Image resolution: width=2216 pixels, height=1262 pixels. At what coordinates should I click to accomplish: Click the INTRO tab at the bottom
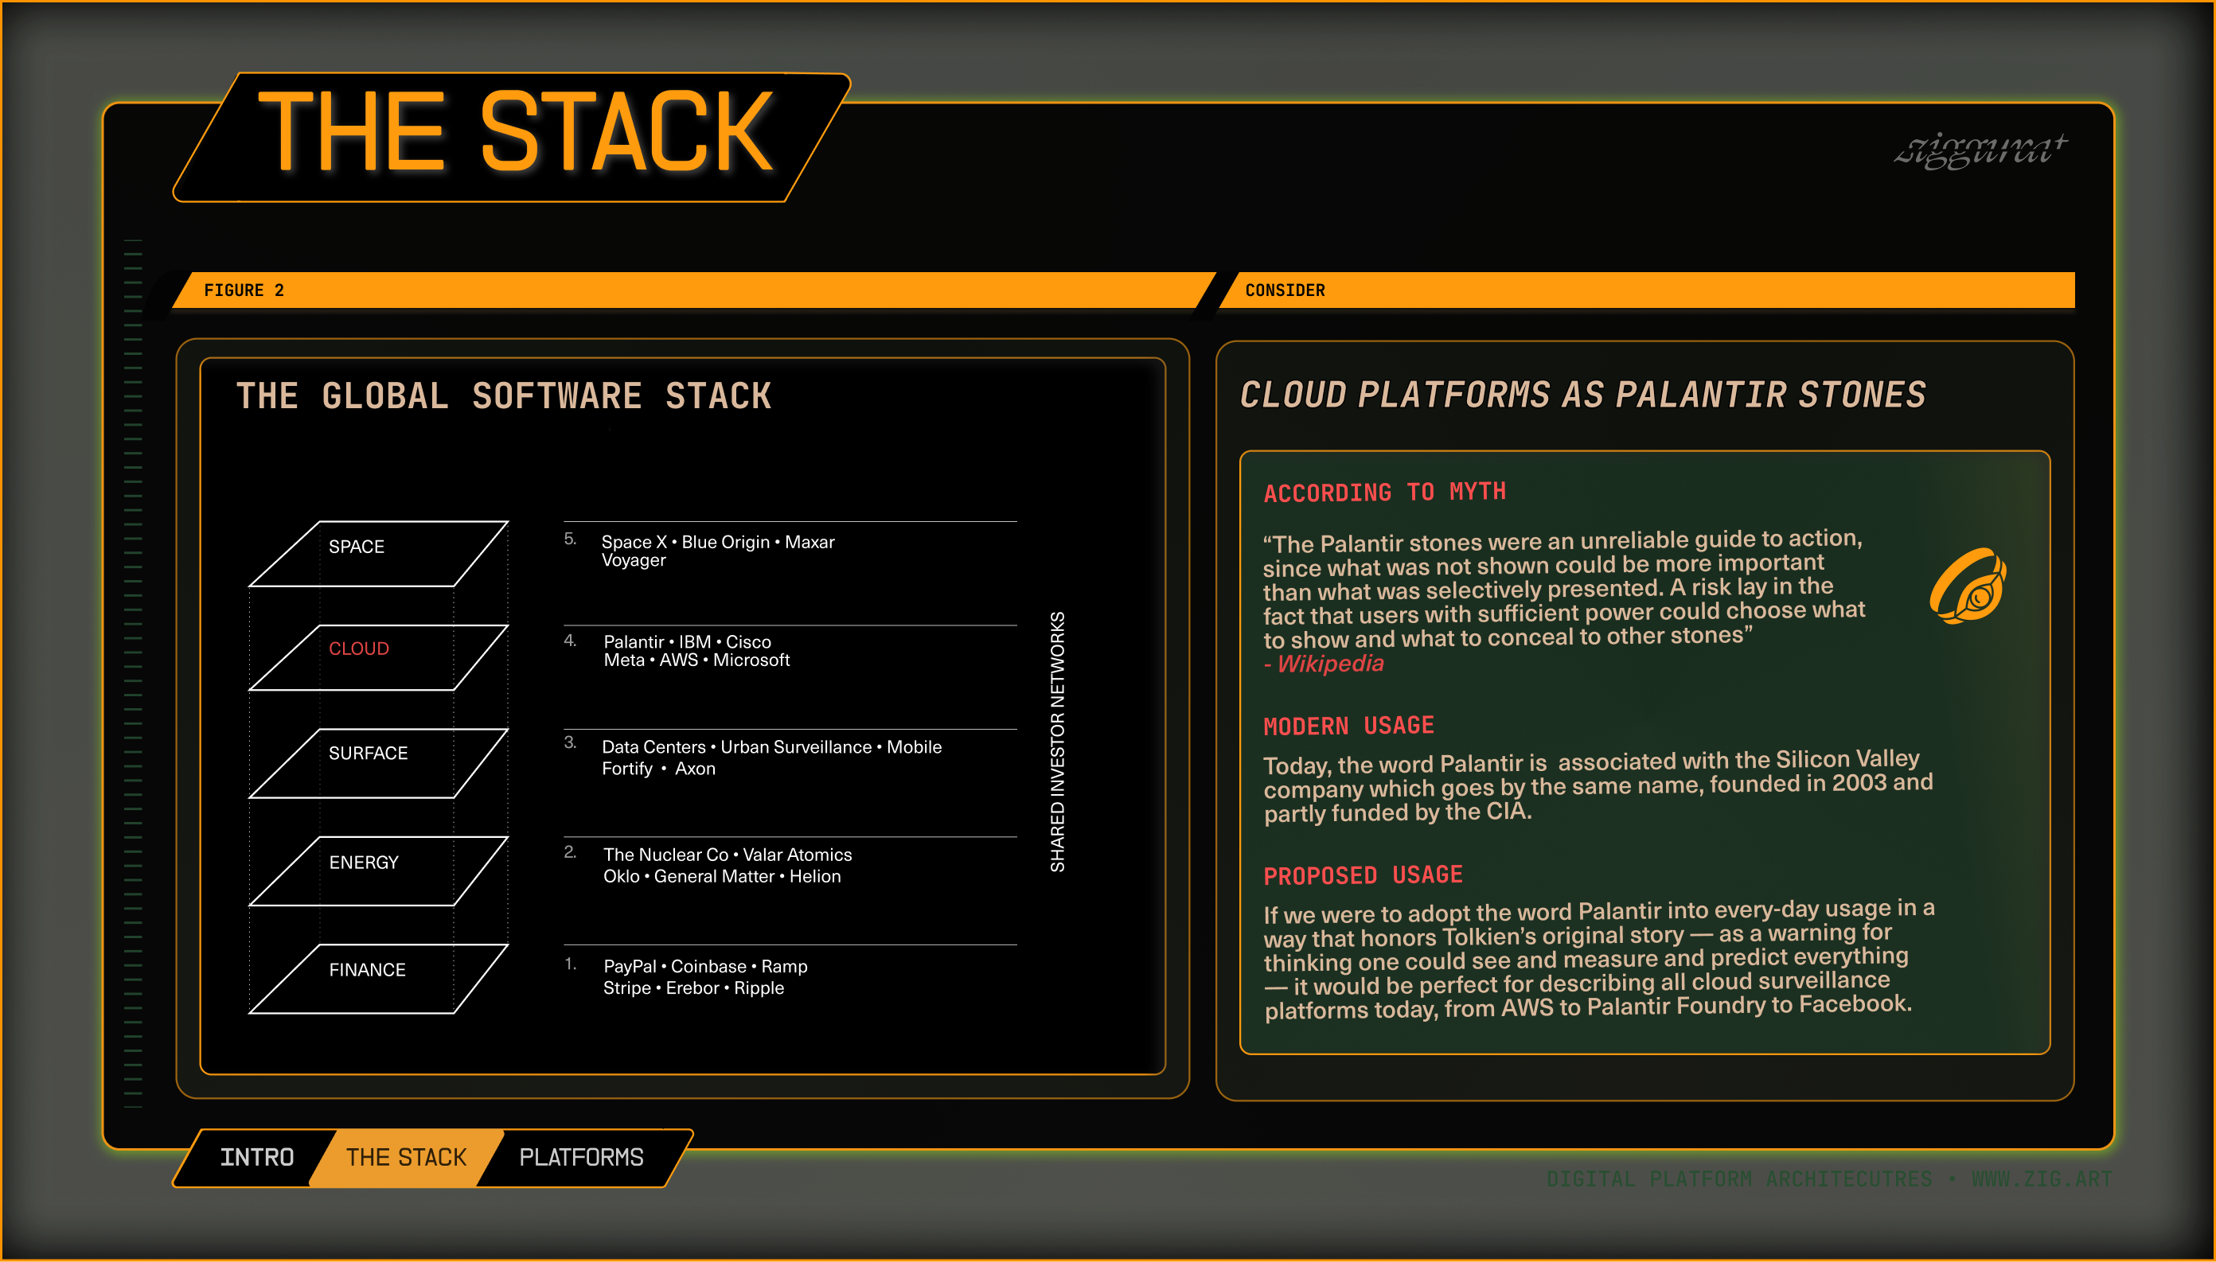(x=256, y=1157)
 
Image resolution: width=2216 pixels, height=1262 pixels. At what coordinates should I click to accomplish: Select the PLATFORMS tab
(x=581, y=1157)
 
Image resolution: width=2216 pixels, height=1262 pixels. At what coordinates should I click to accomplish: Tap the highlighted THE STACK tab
(x=406, y=1157)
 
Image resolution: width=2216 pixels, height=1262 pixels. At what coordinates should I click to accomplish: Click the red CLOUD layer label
(x=359, y=649)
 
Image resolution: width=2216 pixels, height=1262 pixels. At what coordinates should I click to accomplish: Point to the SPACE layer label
(x=357, y=547)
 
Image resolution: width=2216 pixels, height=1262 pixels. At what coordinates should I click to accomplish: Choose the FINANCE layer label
(x=367, y=970)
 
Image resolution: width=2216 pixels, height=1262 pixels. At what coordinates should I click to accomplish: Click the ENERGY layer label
(x=363, y=863)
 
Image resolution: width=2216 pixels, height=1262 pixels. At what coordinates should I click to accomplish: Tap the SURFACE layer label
(x=368, y=754)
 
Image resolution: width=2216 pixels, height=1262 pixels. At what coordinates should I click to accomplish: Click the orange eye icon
(x=1968, y=586)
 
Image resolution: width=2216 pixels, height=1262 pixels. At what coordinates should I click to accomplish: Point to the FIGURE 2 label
(x=244, y=290)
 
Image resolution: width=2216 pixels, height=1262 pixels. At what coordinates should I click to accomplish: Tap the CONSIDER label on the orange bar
(x=1285, y=290)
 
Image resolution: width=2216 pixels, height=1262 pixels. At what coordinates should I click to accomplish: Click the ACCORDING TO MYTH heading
(x=1383, y=493)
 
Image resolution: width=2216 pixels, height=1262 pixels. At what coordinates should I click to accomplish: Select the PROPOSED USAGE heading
(x=1363, y=875)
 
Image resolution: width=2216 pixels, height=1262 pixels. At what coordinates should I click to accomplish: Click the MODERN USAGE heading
(x=1348, y=726)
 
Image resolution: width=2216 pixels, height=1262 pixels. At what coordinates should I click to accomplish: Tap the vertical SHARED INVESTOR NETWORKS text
(x=1058, y=741)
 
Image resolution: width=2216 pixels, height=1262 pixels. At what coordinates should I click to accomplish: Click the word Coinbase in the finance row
(x=708, y=967)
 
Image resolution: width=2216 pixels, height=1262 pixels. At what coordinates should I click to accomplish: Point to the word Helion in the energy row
(x=815, y=876)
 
